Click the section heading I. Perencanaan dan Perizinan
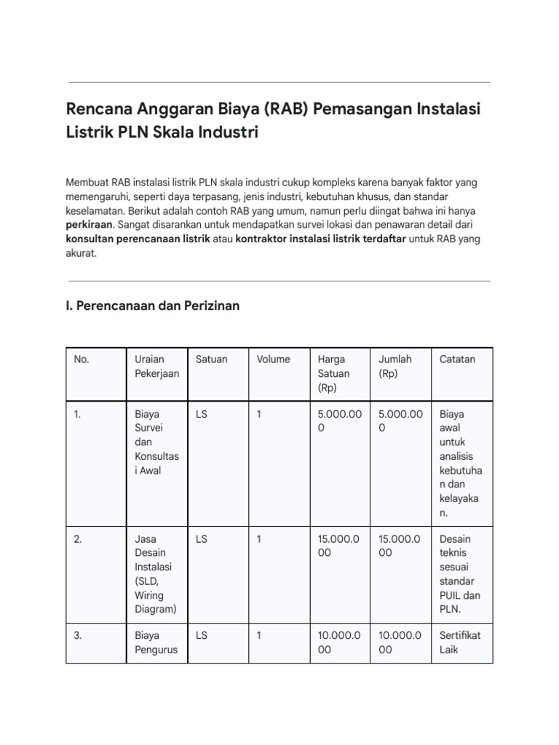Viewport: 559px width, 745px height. (152, 306)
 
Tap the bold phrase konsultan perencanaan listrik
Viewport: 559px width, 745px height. (138, 239)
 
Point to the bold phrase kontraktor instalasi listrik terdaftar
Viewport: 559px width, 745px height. (320, 239)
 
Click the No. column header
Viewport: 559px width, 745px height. (82, 359)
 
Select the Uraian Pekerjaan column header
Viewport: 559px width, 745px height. (150, 366)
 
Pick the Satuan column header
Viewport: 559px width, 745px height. (211, 359)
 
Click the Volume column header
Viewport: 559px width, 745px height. (273, 359)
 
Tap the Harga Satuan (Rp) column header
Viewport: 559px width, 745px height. (333, 373)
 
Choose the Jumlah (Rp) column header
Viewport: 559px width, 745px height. (395, 366)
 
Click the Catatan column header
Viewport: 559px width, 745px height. (457, 359)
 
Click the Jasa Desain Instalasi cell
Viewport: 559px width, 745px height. (152, 574)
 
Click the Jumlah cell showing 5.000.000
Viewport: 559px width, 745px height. (400, 421)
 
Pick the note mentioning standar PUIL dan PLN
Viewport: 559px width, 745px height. (456, 574)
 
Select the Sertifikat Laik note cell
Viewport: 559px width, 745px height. (460, 642)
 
